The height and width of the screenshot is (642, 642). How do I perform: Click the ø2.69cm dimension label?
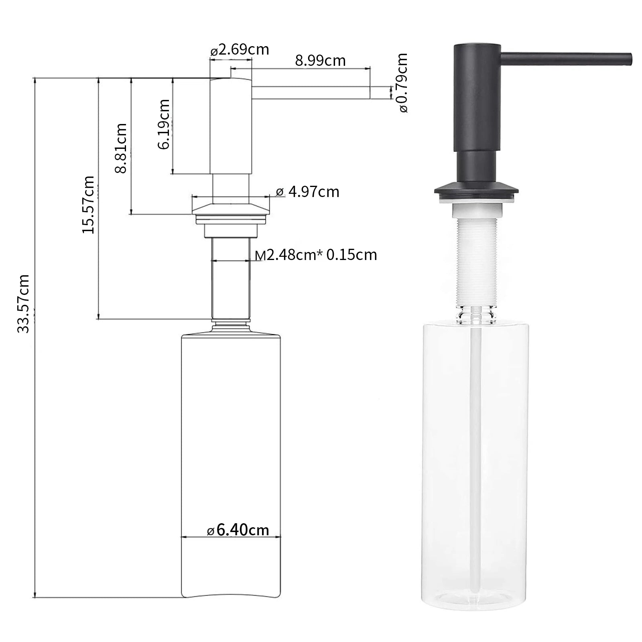point(240,50)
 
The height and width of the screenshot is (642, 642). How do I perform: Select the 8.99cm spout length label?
point(320,61)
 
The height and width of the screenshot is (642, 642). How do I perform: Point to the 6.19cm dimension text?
point(164,124)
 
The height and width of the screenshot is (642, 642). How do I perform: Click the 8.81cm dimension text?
point(121,148)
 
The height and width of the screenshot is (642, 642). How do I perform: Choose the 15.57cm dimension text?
point(88,205)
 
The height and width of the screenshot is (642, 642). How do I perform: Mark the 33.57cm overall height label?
point(23,304)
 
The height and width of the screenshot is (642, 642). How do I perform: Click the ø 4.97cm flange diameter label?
point(308,192)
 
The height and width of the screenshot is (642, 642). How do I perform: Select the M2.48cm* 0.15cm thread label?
point(316,255)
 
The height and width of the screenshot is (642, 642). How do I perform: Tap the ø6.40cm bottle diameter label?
point(238,530)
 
